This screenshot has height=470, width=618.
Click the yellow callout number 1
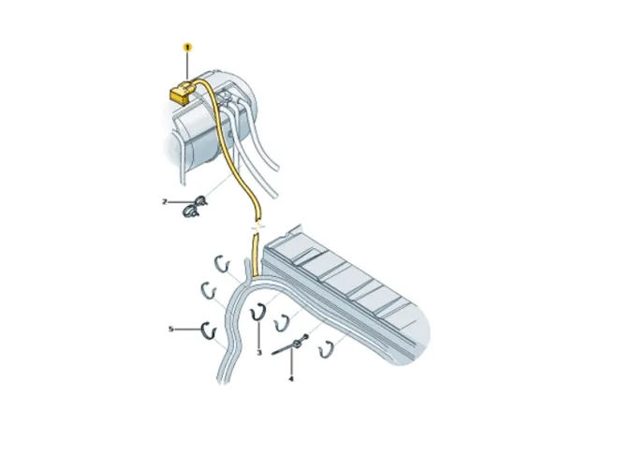187,48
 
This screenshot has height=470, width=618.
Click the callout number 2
165,202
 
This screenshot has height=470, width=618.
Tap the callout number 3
259,353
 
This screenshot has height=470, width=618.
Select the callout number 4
291,379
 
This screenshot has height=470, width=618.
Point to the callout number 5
170,329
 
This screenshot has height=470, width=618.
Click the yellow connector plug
181,93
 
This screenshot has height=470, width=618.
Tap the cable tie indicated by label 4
290,345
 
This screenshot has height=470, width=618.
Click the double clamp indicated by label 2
194,207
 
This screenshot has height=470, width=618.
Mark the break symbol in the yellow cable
257,227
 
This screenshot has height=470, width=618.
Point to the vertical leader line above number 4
291,361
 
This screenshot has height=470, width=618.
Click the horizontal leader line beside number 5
187,329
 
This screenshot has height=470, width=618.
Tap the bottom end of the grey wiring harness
223,380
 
